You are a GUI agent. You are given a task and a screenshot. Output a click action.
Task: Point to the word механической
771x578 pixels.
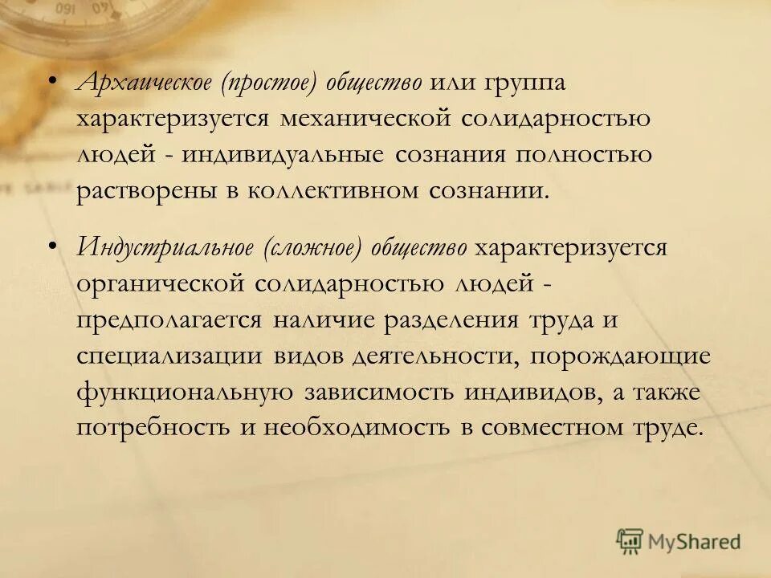pos(363,119)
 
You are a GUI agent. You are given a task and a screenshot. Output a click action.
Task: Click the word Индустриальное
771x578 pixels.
pos(162,247)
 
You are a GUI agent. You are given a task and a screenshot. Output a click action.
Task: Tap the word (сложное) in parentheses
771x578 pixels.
pos(312,247)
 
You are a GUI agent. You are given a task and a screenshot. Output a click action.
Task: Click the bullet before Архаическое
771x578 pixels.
pos(52,81)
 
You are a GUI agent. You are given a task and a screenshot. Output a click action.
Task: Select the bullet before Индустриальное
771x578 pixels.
pos(52,245)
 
